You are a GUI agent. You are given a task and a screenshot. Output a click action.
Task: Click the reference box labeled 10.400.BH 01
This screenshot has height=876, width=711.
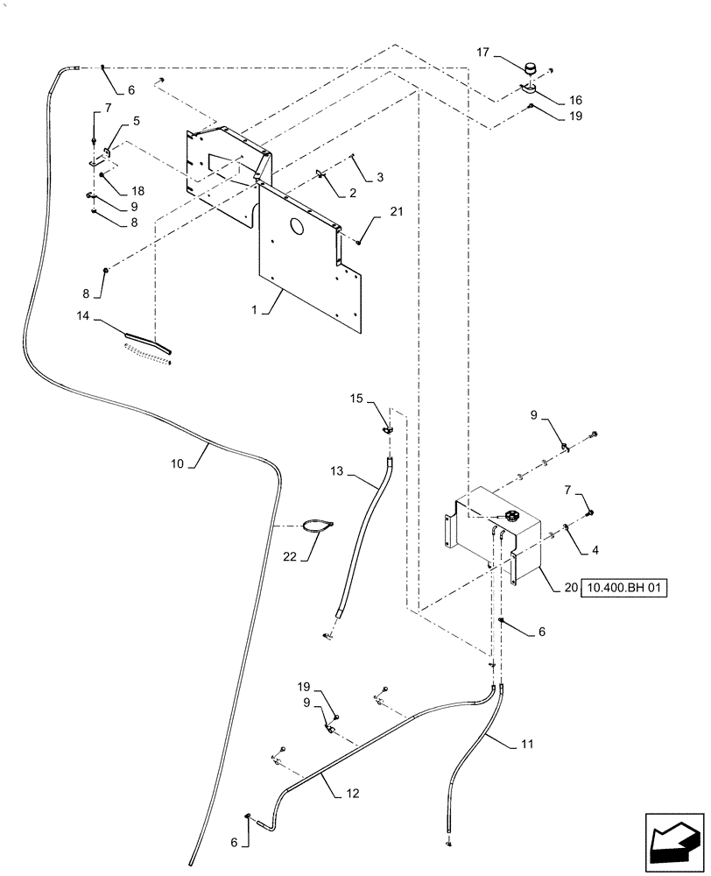pyautogui.click(x=624, y=588)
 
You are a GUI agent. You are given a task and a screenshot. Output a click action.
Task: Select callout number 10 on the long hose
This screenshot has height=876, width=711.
pyautogui.click(x=177, y=463)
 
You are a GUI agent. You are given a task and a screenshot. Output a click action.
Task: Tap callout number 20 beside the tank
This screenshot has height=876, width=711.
pyautogui.click(x=570, y=588)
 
